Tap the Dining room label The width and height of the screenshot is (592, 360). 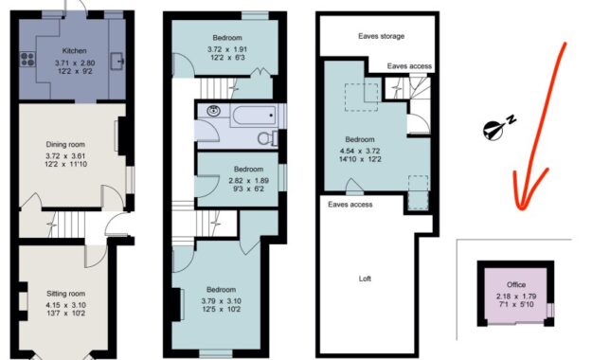point(65,144)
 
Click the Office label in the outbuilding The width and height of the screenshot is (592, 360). point(515,285)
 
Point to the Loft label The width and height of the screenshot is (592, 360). point(365,279)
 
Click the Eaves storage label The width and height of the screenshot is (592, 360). point(381,36)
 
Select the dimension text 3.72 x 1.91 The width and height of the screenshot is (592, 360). point(227,49)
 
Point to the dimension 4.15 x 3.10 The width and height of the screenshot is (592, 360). point(65,305)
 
